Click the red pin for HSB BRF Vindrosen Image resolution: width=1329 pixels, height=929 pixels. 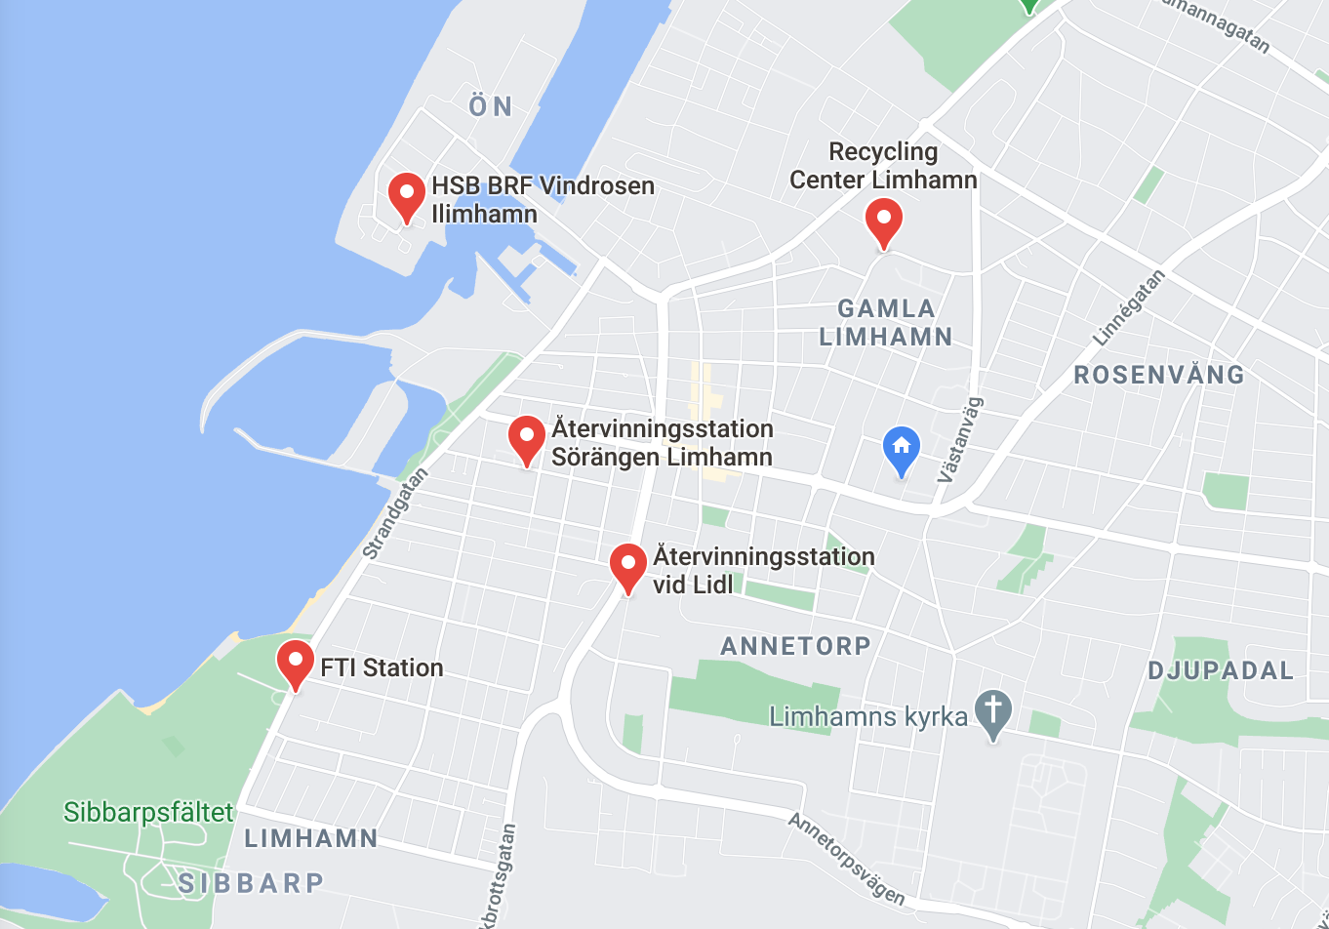point(407,194)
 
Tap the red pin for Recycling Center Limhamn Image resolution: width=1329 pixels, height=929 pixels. point(883,220)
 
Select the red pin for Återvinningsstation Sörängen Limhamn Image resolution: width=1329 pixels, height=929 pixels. point(527,436)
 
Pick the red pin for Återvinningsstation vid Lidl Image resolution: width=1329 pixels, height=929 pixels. point(628,565)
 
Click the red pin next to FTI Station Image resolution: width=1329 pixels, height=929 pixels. point(295,662)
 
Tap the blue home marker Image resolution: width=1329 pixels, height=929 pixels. point(901,449)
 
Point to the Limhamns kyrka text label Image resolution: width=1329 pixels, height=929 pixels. point(868,717)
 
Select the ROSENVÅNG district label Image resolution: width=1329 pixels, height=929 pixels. point(1159,375)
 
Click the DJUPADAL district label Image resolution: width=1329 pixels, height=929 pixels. point(1221,670)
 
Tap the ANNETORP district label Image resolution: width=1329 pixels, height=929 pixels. point(795,646)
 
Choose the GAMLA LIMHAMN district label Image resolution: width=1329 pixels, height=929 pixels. point(886,323)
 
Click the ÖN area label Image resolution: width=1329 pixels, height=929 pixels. point(491,106)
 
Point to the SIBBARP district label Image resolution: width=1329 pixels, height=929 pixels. point(251,883)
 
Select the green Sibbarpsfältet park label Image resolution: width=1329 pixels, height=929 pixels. point(148,812)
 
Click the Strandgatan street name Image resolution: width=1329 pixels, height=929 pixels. point(395,513)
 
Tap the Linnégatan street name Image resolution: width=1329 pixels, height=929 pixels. point(1129,308)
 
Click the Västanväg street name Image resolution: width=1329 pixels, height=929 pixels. point(961,440)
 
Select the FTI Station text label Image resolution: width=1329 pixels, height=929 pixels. point(382,667)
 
